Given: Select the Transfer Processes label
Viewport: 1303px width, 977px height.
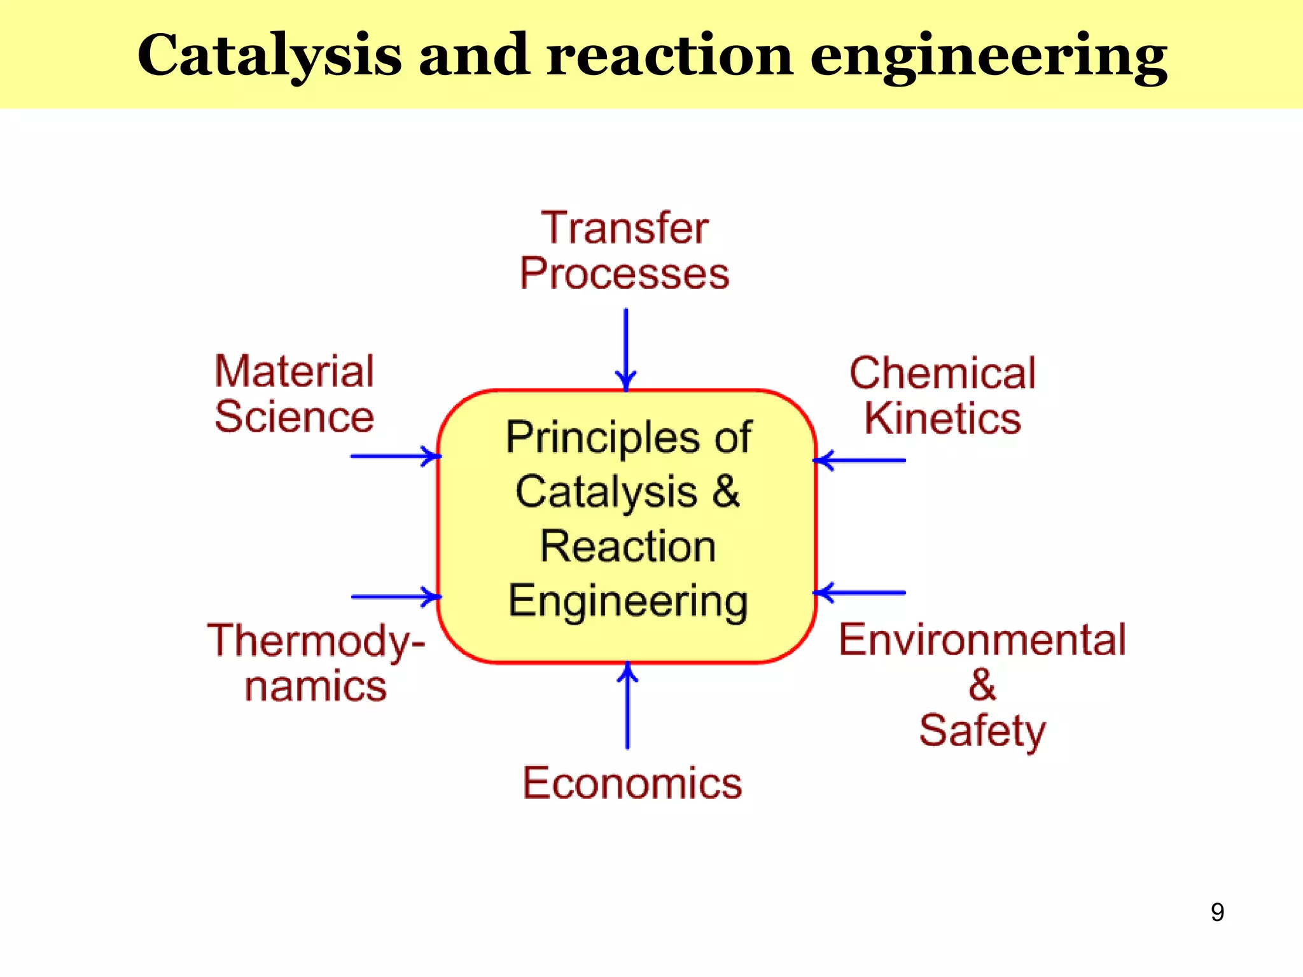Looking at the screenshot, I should tap(625, 251).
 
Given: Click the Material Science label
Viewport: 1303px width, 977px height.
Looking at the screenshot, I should tap(295, 394).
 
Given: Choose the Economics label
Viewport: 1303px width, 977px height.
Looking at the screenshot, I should tap(632, 783).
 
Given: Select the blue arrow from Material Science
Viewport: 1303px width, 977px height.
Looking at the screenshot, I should tap(395, 456).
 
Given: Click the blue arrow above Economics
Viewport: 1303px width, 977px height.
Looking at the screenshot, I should tap(627, 705).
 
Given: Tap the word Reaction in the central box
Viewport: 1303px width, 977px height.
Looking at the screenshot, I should tap(628, 546).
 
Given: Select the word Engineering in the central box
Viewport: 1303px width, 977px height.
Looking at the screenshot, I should tap(628, 601).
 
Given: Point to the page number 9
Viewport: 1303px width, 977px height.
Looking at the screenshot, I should tap(1217, 912).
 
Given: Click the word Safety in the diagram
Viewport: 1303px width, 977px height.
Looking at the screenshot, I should tap(982, 731).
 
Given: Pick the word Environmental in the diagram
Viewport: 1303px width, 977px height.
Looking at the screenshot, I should tap(982, 640).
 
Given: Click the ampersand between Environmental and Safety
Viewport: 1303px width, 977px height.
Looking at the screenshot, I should tap(982, 685).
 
